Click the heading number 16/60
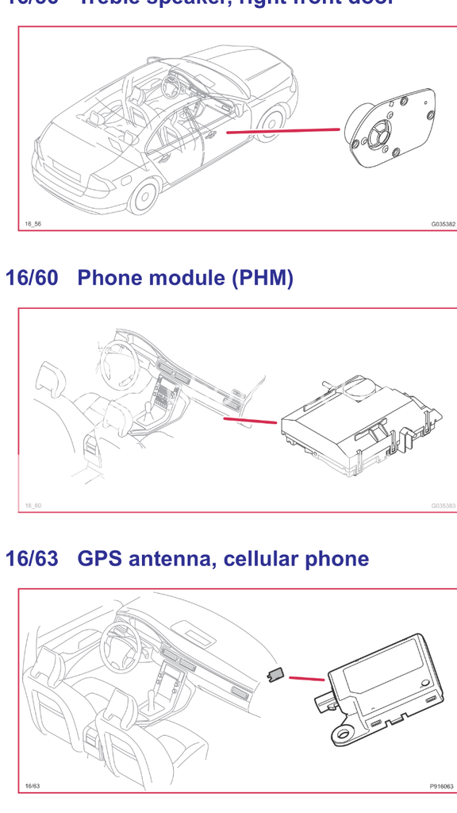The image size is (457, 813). (32, 278)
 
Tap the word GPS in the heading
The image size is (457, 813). (98, 559)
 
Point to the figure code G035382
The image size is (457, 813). (443, 224)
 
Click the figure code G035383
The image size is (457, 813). (443, 505)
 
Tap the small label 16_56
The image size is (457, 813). (33, 224)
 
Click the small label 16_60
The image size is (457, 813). (33, 505)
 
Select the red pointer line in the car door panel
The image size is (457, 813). (282, 130)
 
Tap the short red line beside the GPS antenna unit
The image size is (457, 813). (306, 678)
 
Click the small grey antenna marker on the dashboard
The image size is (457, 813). (275, 674)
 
